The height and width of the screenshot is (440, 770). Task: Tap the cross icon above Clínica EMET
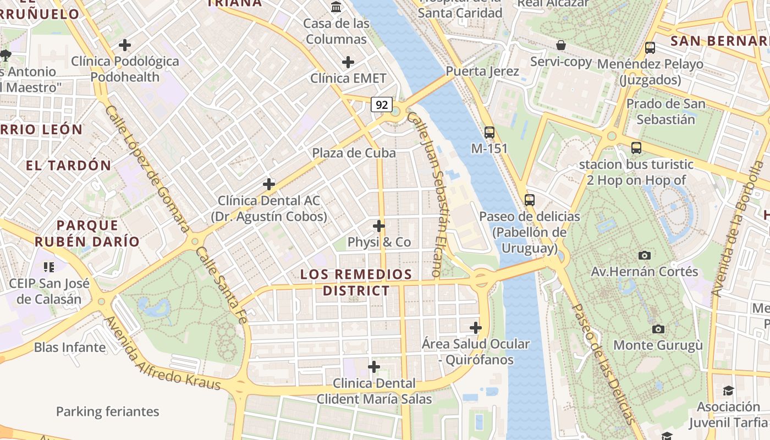click(348, 62)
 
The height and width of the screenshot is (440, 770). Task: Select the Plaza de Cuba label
click(354, 153)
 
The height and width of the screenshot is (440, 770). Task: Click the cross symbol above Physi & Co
click(378, 226)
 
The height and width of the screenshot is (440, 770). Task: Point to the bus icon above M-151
click(489, 132)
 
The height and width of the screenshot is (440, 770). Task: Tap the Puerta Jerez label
click(482, 71)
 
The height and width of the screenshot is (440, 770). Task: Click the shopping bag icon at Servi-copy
click(560, 45)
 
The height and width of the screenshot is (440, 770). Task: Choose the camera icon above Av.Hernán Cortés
click(644, 255)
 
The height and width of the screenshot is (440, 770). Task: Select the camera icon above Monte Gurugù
click(658, 329)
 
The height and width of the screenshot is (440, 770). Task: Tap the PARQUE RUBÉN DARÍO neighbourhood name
click(87, 233)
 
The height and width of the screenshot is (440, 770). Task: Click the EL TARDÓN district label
click(68, 165)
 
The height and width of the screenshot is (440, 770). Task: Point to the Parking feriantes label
click(107, 411)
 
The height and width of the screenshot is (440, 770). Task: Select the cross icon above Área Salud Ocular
click(475, 328)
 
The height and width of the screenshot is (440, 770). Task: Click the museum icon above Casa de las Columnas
click(335, 7)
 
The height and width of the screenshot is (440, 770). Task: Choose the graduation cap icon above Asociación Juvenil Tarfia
click(728, 391)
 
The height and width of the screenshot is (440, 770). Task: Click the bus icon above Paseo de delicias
click(529, 200)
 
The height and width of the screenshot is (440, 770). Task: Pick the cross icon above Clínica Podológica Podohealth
click(125, 45)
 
